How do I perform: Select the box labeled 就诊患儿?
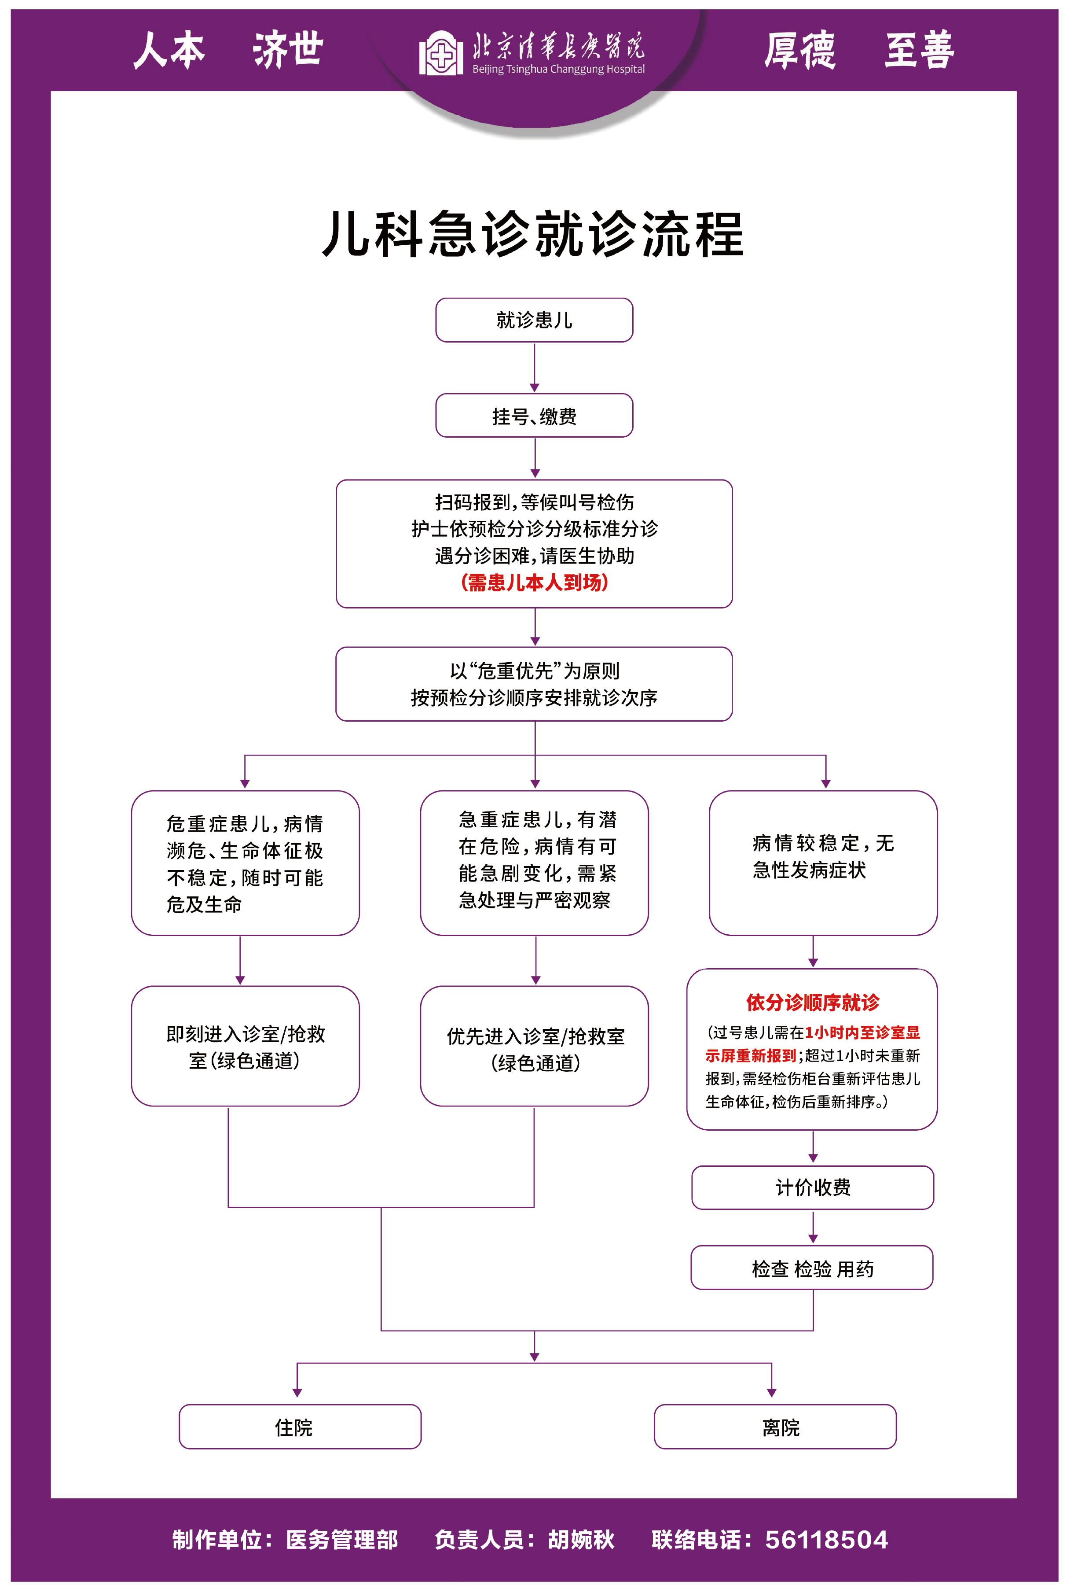(x=534, y=320)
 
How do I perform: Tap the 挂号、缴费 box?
(x=534, y=415)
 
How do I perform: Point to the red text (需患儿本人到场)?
(x=534, y=582)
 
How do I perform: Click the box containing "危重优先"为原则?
(x=534, y=683)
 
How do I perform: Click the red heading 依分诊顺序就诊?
(x=813, y=1002)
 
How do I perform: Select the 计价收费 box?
(x=813, y=1187)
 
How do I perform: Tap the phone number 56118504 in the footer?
(x=826, y=1539)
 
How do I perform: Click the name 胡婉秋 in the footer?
(x=581, y=1539)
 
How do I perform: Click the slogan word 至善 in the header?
(x=919, y=50)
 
